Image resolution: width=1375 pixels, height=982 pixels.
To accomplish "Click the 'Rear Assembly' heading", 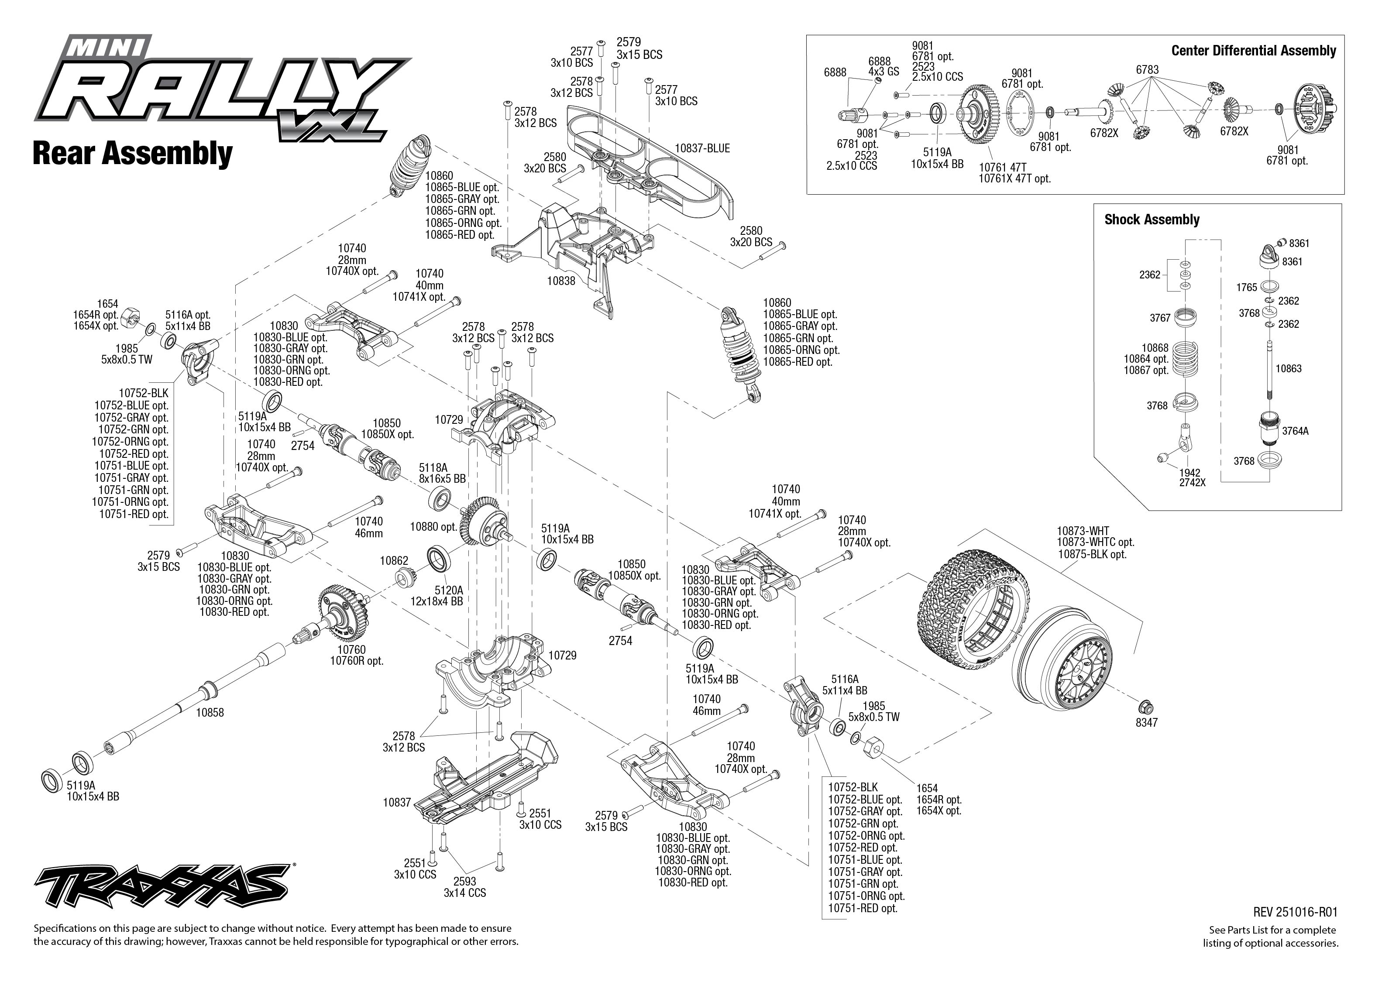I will click(132, 154).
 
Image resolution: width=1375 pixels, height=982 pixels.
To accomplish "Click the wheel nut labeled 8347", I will click(1144, 706).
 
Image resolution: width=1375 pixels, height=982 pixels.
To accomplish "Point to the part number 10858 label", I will click(210, 713).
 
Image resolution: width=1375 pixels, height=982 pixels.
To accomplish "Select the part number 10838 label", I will click(561, 281).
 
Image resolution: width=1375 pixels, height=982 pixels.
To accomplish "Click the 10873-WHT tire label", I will click(1083, 531).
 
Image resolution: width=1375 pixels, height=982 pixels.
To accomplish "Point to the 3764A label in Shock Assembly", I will click(1295, 432).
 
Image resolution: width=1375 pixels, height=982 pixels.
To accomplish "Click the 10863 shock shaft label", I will click(1288, 369).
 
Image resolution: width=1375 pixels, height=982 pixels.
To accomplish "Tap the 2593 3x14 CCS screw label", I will click(464, 887).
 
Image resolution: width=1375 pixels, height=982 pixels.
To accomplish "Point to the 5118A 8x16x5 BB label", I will click(442, 473).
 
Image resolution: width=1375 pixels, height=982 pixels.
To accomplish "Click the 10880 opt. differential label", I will click(433, 527).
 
